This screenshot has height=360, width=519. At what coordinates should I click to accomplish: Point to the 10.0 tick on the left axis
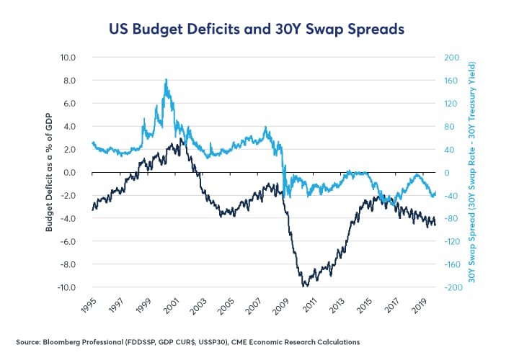[68, 57]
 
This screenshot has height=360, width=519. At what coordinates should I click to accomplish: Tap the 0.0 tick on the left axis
[69, 173]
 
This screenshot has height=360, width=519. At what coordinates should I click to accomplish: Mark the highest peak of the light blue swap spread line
[167, 79]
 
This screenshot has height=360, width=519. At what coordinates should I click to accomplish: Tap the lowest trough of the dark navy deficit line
[306, 287]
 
